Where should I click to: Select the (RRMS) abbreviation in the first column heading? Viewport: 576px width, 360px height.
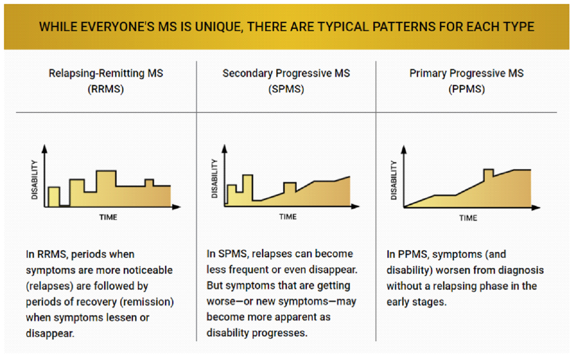click(106, 89)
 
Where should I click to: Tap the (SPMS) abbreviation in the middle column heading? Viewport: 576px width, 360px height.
click(286, 89)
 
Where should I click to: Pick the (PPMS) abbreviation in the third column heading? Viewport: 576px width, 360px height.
click(467, 89)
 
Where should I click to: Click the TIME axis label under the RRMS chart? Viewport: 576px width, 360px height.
click(108, 217)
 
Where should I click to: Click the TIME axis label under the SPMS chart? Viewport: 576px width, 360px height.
click(288, 217)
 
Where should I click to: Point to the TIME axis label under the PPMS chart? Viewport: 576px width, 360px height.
click(468, 218)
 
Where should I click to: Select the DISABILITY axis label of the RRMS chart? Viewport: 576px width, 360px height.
click(35, 179)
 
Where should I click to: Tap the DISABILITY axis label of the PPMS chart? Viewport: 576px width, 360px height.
click(394, 180)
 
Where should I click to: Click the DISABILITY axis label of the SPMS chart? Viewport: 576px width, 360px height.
click(215, 179)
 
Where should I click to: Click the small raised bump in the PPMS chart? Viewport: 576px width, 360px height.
click(488, 173)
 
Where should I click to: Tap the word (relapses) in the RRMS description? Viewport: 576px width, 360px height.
click(51, 286)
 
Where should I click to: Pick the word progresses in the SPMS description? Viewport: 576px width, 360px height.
click(283, 333)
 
